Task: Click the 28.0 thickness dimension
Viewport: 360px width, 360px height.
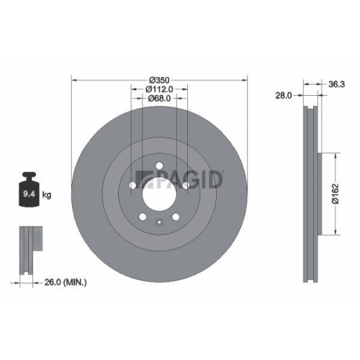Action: (x=284, y=94)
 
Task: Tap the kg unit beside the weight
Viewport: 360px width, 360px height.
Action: (x=47, y=195)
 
